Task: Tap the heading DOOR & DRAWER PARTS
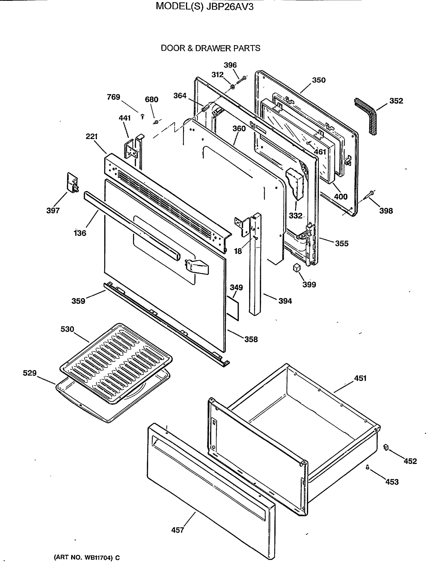point(210,48)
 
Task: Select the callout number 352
point(396,101)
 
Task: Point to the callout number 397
point(53,210)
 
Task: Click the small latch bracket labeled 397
point(72,183)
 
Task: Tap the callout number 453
point(392,482)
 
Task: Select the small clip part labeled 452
point(386,447)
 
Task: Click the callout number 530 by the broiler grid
point(67,329)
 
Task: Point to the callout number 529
point(30,373)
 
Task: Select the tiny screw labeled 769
point(142,116)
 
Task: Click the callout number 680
point(152,100)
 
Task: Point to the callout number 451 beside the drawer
point(360,378)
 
